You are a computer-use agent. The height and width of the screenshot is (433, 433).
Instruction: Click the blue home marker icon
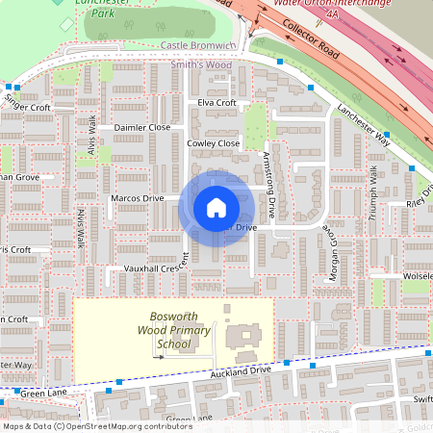click(216, 207)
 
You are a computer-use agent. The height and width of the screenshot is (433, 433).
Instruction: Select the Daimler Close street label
click(141, 127)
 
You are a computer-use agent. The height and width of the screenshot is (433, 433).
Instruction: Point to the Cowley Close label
click(213, 143)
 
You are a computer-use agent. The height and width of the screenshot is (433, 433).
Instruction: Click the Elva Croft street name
click(216, 103)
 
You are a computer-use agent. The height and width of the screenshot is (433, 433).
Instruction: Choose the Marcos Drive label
click(138, 198)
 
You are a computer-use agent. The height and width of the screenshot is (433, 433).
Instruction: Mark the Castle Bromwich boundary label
click(198, 45)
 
